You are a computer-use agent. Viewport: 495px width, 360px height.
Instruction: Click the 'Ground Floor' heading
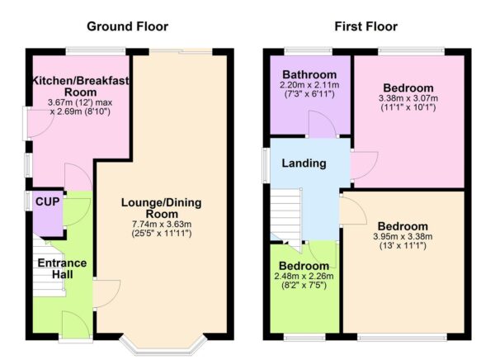click(127, 27)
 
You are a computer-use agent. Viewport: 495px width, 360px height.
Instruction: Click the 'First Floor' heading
click(365, 27)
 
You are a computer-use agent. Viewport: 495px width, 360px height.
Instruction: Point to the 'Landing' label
click(304, 163)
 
